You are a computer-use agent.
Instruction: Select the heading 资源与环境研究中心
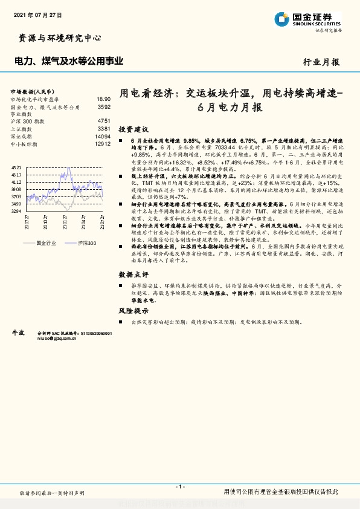coord(57,38)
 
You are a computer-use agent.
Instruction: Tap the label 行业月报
coord(321,62)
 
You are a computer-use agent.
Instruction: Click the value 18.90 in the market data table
coord(103,99)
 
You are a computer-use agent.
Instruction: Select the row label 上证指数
coord(22,129)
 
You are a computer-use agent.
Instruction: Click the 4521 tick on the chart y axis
coord(16,167)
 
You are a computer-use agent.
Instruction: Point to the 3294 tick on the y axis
coord(16,211)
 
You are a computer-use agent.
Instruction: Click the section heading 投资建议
coord(133,130)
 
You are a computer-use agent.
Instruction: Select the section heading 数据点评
coord(133,274)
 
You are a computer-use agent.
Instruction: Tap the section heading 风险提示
coord(133,310)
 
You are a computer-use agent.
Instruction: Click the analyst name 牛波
coord(18,332)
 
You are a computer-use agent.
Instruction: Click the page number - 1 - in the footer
coord(179,486)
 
